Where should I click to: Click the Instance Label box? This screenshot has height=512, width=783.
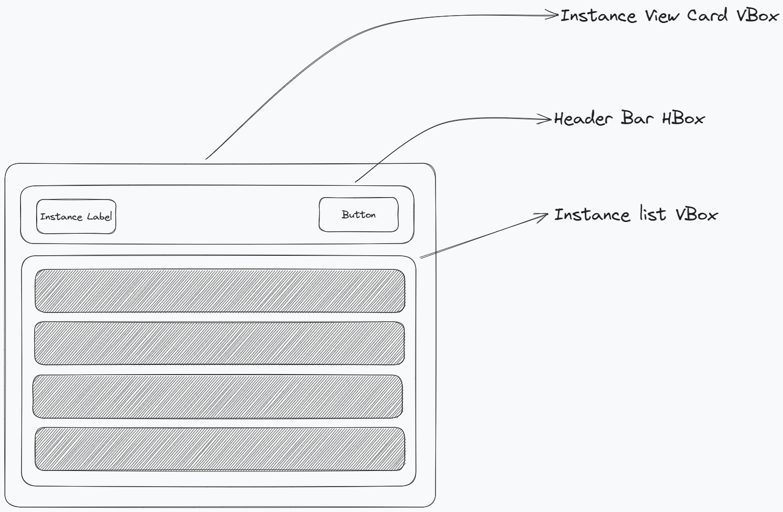pos(76,217)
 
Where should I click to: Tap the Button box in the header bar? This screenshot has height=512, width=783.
pos(358,215)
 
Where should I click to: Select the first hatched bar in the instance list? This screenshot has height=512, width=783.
pos(219,291)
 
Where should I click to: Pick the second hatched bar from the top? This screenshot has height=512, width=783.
pos(219,343)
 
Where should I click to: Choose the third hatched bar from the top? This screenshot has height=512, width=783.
pos(218,397)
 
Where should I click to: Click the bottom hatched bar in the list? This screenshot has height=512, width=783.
pos(219,449)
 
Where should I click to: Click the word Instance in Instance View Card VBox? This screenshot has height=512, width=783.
pos(598,16)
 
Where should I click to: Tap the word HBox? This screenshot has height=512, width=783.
pos(683,119)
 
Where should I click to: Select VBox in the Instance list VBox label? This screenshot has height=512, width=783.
pos(696,215)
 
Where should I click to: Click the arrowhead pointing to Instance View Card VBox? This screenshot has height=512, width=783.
pos(553,16)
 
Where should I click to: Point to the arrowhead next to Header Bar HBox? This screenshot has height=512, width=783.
pos(546,119)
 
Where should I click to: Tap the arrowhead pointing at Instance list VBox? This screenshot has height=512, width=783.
pos(543,216)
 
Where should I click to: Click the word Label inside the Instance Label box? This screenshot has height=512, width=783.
pos(99,217)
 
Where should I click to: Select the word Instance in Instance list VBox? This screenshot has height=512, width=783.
pos(592,215)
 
